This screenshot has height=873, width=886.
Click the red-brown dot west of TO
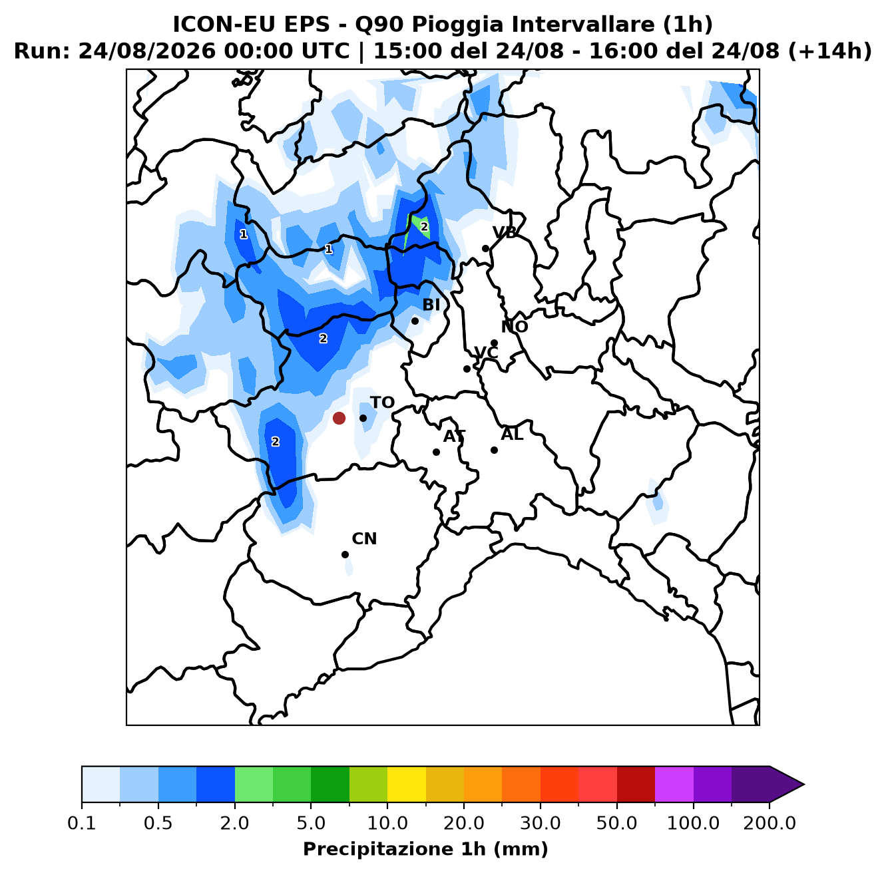339,418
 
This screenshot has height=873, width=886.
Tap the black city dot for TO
363,418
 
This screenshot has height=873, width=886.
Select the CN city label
364,539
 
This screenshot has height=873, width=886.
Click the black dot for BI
415,321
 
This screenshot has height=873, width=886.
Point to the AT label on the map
454,436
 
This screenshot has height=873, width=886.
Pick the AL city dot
494,450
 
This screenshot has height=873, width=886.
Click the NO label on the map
514,327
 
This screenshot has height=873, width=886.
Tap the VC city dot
467,369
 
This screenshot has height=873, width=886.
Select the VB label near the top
505,233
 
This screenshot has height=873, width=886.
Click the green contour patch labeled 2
419,228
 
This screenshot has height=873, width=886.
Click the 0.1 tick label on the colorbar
81,823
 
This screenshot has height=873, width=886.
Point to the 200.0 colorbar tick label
770,823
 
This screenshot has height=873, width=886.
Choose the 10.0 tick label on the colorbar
387,823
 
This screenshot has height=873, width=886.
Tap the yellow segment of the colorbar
407,785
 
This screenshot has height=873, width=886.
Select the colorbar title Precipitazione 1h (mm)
425,848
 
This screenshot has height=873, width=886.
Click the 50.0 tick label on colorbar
616,823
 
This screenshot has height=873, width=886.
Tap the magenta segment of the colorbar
674,785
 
